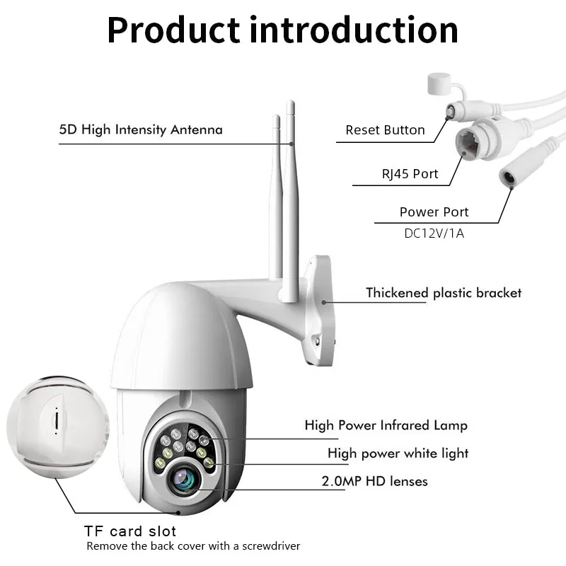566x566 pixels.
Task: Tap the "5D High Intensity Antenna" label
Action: point(141,129)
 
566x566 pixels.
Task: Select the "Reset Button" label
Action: point(385,130)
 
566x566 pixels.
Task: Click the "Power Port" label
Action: point(434,212)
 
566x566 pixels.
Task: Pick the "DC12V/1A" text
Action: point(434,233)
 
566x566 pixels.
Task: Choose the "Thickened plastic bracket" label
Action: point(443,293)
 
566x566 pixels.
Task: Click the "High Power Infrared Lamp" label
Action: point(386,425)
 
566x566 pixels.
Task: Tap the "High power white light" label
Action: point(398,454)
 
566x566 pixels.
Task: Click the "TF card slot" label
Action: point(130,531)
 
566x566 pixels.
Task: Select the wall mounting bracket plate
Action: point(320,311)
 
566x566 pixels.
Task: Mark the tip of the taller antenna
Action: point(290,105)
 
